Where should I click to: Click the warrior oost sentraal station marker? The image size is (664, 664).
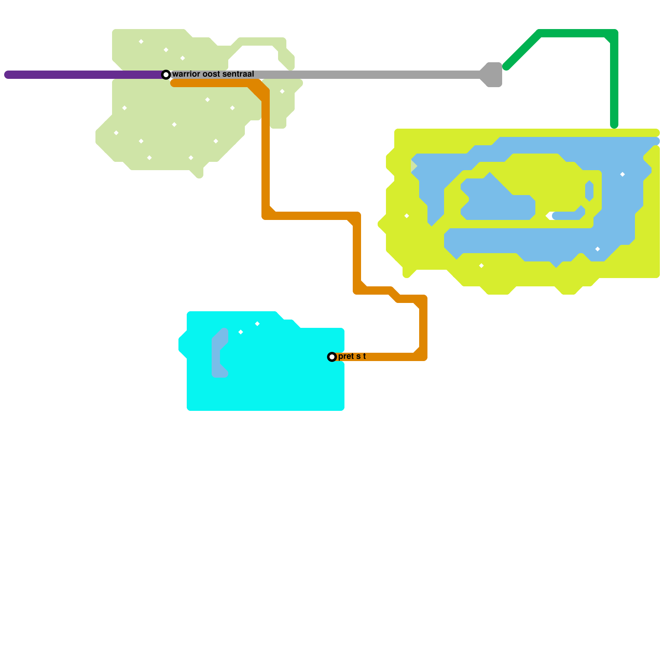point(166,75)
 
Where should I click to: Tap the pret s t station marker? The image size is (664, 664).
point(332,357)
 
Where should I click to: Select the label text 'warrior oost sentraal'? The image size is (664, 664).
point(213,74)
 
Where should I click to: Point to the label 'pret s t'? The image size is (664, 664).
point(352,356)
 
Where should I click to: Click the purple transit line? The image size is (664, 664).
point(83,75)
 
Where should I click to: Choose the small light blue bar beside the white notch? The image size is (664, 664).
point(566,216)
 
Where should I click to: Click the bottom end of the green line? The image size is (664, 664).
point(614,125)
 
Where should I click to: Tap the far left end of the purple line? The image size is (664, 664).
point(7,75)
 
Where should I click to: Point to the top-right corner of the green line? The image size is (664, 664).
point(614,33)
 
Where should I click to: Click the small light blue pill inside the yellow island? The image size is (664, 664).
point(589,191)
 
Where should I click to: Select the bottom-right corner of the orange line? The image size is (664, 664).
point(423,357)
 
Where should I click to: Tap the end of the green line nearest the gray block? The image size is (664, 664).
point(506,66)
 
